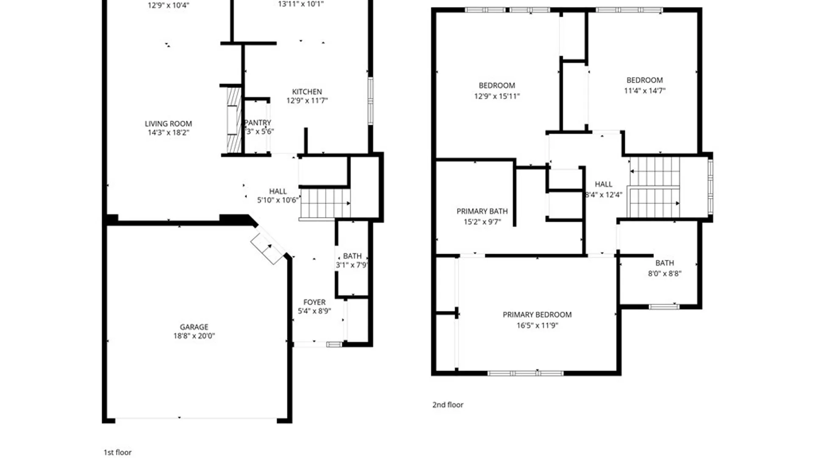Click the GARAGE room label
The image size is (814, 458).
click(194, 327)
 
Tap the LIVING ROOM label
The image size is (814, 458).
click(168, 124)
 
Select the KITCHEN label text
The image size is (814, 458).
click(307, 92)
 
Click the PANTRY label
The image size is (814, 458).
click(258, 123)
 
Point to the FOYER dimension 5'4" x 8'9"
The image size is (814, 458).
click(314, 311)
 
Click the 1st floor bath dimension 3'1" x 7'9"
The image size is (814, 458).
click(352, 265)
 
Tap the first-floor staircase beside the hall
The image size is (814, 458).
click(325, 203)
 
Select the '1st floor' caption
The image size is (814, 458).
click(117, 452)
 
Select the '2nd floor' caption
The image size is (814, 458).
click(448, 405)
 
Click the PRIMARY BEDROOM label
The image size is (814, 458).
click(537, 315)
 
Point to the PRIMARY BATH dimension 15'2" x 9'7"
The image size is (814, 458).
click(482, 222)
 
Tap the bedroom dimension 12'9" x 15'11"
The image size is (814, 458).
click(496, 96)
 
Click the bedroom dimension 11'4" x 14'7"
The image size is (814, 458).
click(644, 91)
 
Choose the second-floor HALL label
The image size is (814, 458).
click(603, 184)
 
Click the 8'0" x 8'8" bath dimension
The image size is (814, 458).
click(664, 274)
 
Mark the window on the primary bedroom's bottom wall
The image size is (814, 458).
click(525, 373)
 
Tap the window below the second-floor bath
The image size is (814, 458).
click(664, 306)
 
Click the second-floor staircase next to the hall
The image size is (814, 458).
click(655, 187)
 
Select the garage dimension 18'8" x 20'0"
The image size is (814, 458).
click(194, 336)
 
